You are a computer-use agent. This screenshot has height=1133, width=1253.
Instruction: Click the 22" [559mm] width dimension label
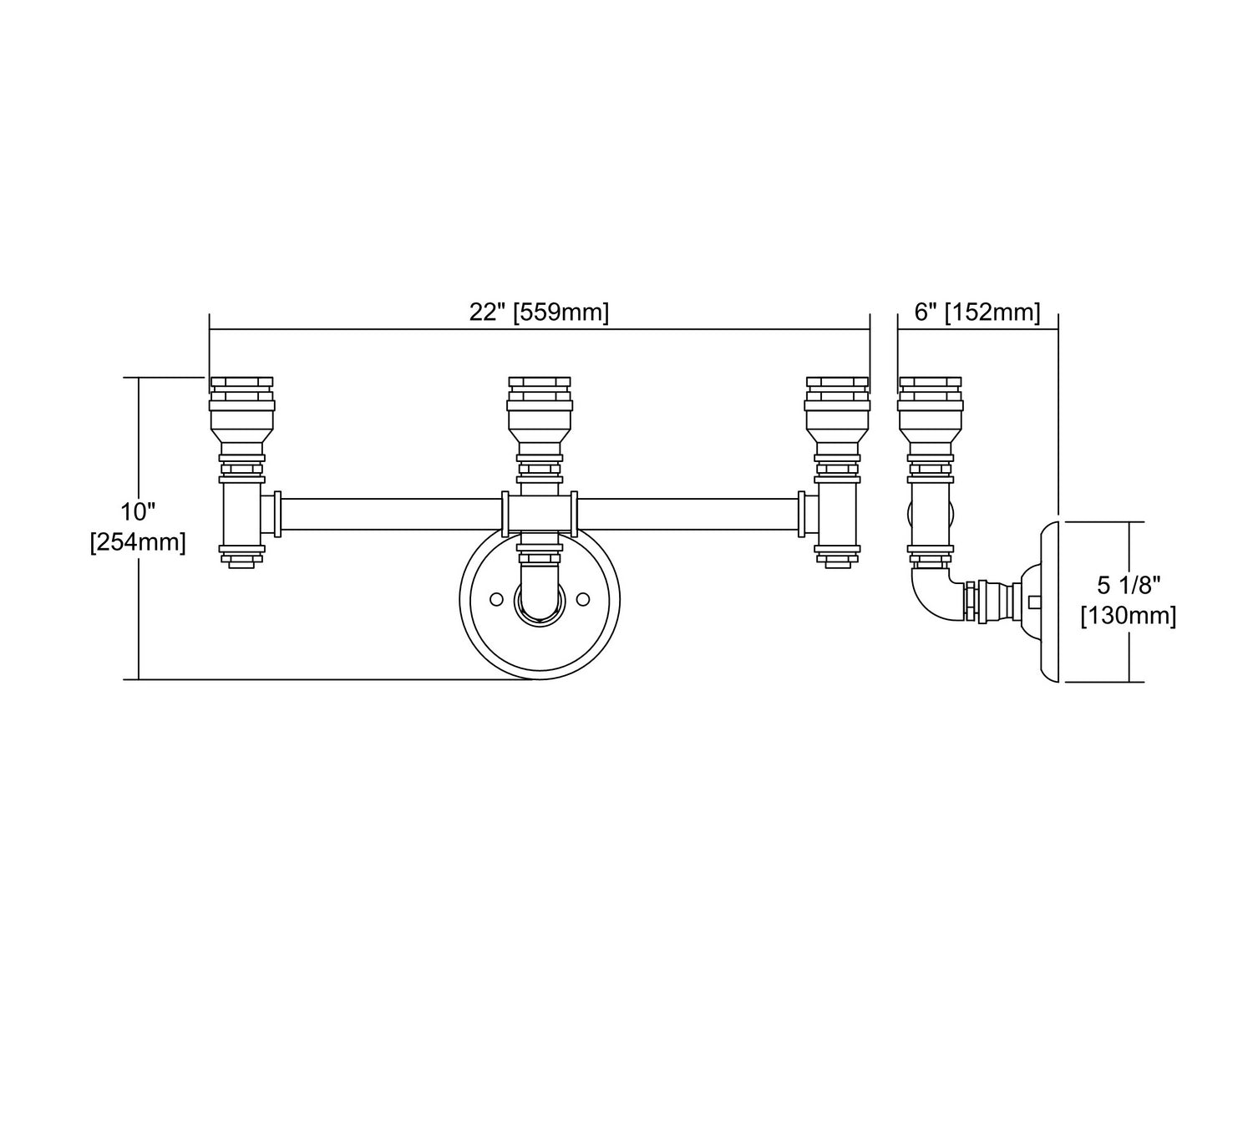(539, 312)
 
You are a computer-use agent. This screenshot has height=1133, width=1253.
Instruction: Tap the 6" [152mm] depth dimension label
(977, 312)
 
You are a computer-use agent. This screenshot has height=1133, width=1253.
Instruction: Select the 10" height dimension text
(138, 512)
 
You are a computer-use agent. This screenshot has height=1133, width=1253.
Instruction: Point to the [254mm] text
(138, 541)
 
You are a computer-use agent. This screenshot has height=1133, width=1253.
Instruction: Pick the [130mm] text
(1129, 616)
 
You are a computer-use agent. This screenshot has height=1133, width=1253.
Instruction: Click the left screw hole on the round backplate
(496, 599)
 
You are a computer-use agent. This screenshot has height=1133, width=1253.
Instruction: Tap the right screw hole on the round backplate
(583, 599)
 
